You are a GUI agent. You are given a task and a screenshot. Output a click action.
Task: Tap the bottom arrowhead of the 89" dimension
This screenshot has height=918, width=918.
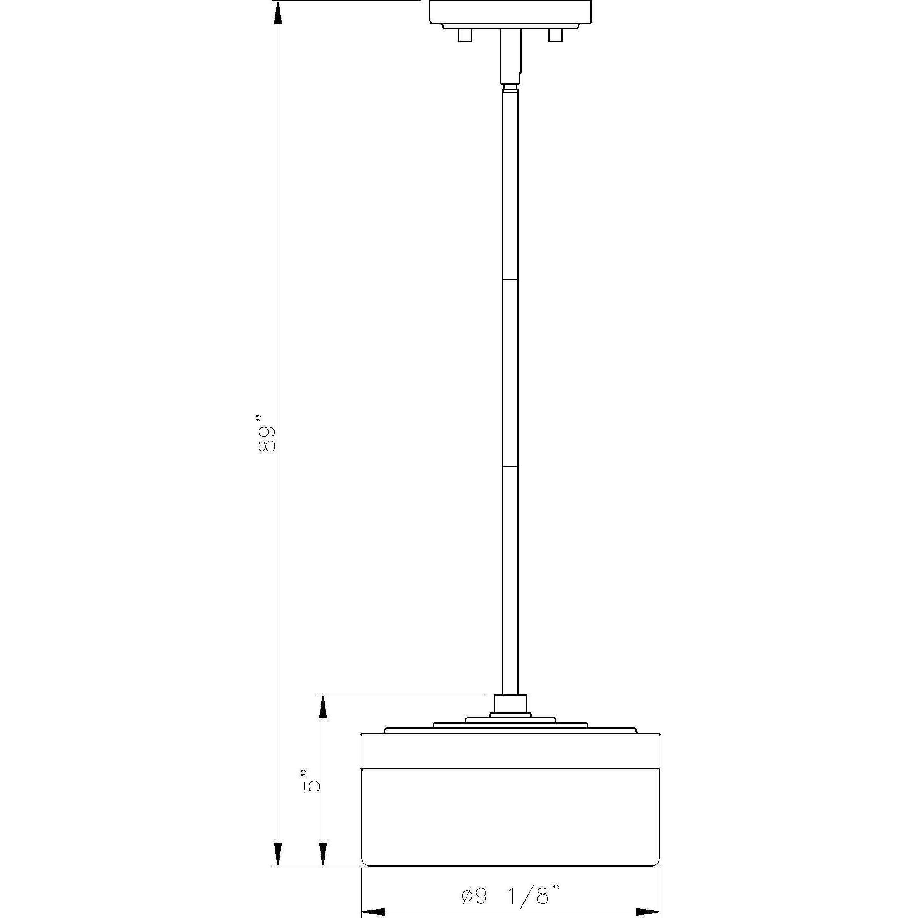279,867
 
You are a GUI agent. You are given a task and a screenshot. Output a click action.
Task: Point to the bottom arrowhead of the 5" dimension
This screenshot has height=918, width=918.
323,867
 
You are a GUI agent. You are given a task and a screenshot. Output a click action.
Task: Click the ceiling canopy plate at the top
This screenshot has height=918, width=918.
510,12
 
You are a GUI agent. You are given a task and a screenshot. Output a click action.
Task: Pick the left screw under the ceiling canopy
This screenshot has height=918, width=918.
465,36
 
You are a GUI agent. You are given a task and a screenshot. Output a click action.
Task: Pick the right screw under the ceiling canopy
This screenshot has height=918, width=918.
555,36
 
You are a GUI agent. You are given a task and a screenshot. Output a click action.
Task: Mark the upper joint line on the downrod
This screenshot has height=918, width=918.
510,280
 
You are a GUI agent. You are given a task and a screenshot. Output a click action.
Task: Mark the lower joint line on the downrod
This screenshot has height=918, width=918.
510,467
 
